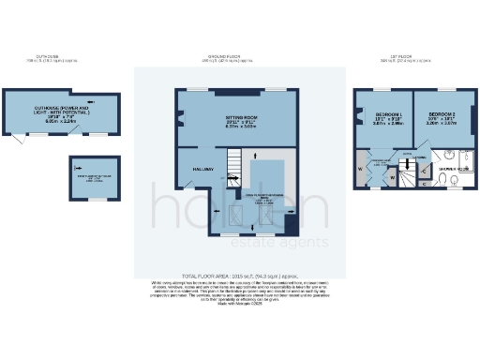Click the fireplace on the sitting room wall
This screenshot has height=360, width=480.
[x=181, y=118]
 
